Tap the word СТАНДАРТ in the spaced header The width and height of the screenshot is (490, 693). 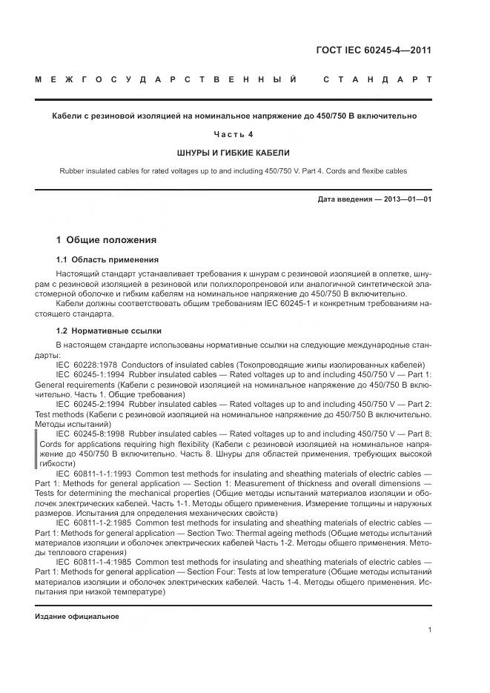point(377,79)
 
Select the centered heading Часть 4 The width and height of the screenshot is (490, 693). point(234,134)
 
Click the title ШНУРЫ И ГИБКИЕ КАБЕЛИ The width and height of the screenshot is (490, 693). point(234,153)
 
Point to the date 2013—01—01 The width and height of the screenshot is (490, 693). point(407,199)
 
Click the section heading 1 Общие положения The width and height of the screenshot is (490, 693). point(107,240)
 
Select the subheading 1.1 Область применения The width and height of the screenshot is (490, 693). point(107,260)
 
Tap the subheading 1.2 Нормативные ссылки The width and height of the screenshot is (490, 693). point(109,331)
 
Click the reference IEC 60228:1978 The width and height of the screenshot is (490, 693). point(87,364)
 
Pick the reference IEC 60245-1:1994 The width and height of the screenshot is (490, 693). point(91,374)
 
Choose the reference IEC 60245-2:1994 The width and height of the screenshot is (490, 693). point(91,403)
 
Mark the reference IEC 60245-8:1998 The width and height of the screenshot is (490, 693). point(91,433)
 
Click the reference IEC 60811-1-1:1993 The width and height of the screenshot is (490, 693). point(94,472)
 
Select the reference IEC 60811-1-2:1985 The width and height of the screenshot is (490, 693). point(94,522)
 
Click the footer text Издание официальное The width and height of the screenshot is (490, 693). point(77,617)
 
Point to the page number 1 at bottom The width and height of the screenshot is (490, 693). point(430,630)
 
